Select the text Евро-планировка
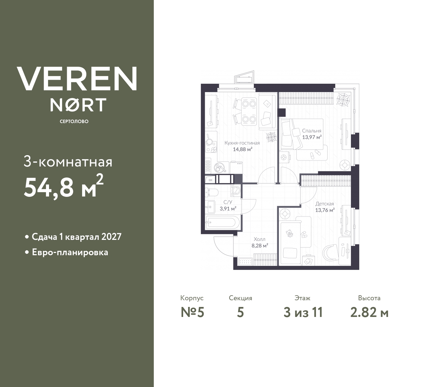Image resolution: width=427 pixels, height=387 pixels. pyautogui.click(x=70, y=252)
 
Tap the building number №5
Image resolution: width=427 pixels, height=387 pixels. pyautogui.click(x=192, y=313)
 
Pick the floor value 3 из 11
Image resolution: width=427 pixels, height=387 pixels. pyautogui.click(x=303, y=313)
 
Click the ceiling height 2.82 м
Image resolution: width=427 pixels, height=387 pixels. pyautogui.click(x=369, y=313)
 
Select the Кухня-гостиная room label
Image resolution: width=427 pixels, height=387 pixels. pyautogui.click(x=242, y=143)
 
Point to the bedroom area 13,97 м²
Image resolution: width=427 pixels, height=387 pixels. pyautogui.click(x=312, y=137)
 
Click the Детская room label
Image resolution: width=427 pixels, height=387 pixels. pyautogui.click(x=325, y=204)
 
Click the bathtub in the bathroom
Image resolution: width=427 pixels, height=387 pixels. pyautogui.click(x=222, y=223)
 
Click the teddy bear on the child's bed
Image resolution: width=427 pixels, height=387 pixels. pyautogui.click(x=289, y=234)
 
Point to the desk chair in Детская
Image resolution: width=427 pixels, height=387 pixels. pyautogui.click(x=332, y=251)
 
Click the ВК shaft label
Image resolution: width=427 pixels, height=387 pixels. pyautogui.click(x=210, y=180)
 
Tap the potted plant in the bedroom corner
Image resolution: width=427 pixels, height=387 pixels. pyautogui.click(x=343, y=99)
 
